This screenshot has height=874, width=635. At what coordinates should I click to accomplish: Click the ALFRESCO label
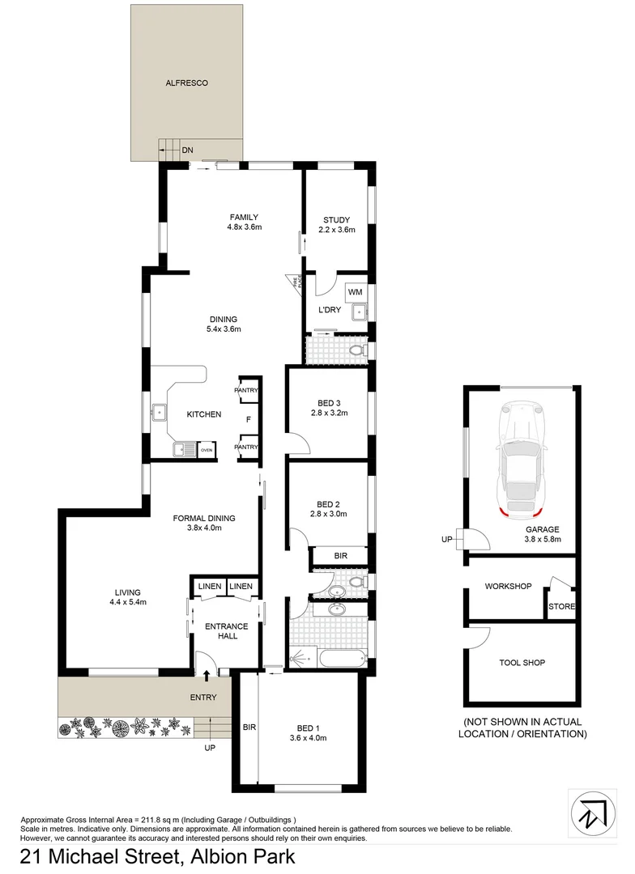coord(187,83)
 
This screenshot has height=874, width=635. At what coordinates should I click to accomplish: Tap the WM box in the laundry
coord(355,291)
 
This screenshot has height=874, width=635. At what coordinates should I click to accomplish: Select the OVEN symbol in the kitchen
coord(207,449)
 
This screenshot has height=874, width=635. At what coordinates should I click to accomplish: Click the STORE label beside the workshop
coord(561,606)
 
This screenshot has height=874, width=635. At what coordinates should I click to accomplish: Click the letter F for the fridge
coord(248,419)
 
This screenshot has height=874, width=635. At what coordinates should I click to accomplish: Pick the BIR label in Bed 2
coord(341,556)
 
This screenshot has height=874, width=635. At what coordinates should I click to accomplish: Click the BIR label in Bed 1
coord(249,728)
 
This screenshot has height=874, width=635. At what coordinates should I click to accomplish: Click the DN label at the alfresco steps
coord(187,150)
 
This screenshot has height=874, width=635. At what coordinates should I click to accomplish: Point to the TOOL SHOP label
coord(522,663)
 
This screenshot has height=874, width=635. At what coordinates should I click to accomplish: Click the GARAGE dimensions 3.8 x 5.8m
coord(542,541)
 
